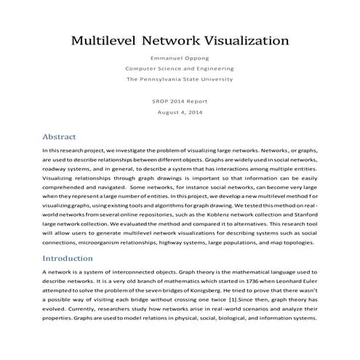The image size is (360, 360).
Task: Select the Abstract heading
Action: [x=63, y=136]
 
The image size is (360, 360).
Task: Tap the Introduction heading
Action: [x=73, y=258]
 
